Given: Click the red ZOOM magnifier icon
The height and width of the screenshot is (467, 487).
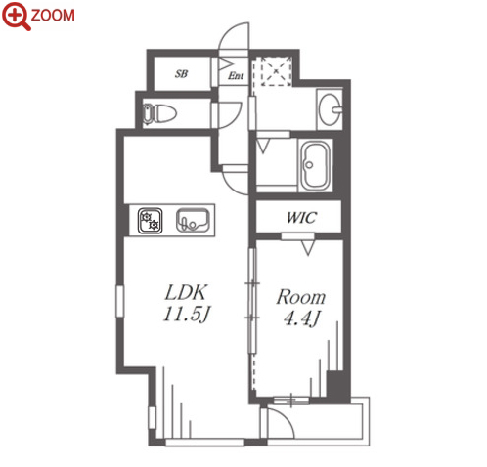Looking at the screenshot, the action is pos(17,16).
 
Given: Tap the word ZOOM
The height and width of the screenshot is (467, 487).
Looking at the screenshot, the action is pos(53,16).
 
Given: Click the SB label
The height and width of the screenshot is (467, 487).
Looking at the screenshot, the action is pos(181,74).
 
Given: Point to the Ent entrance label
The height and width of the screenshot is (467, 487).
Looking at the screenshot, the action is pos(236,76).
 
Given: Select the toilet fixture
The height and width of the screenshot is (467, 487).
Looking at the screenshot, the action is pos(159,113).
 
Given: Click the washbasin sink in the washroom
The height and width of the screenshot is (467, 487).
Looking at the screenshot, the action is pos(330,109).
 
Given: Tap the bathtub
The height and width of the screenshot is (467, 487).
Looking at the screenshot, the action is pos(315,166).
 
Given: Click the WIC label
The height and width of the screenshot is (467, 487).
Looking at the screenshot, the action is pos(301,217).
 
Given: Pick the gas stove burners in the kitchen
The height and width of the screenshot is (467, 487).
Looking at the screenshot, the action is pos(150,221).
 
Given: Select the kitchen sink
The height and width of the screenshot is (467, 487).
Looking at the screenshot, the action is pos(193,220).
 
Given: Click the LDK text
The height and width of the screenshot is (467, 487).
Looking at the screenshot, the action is pos(186,292).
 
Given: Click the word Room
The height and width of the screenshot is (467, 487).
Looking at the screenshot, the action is pos(301,297).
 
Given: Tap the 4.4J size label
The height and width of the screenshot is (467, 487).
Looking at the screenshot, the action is pos(301,318).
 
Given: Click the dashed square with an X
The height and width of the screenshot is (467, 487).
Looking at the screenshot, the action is pos(276,71).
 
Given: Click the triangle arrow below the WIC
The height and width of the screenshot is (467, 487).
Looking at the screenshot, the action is pos(308,248).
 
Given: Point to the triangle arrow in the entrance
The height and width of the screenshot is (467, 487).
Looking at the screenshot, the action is pos(225,64).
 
